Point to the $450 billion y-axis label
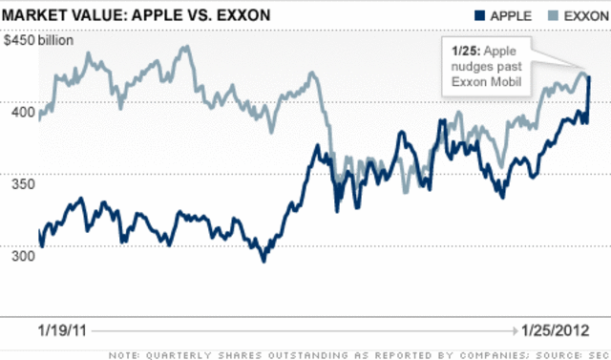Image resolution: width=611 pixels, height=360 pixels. click(x=41, y=40)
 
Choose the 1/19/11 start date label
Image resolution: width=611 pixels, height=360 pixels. click(x=64, y=331)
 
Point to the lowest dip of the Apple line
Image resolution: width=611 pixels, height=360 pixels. click(x=264, y=260)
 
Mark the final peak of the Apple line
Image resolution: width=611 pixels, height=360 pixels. click(x=589, y=77)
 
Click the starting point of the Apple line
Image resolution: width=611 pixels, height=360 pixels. click(x=38, y=232)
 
